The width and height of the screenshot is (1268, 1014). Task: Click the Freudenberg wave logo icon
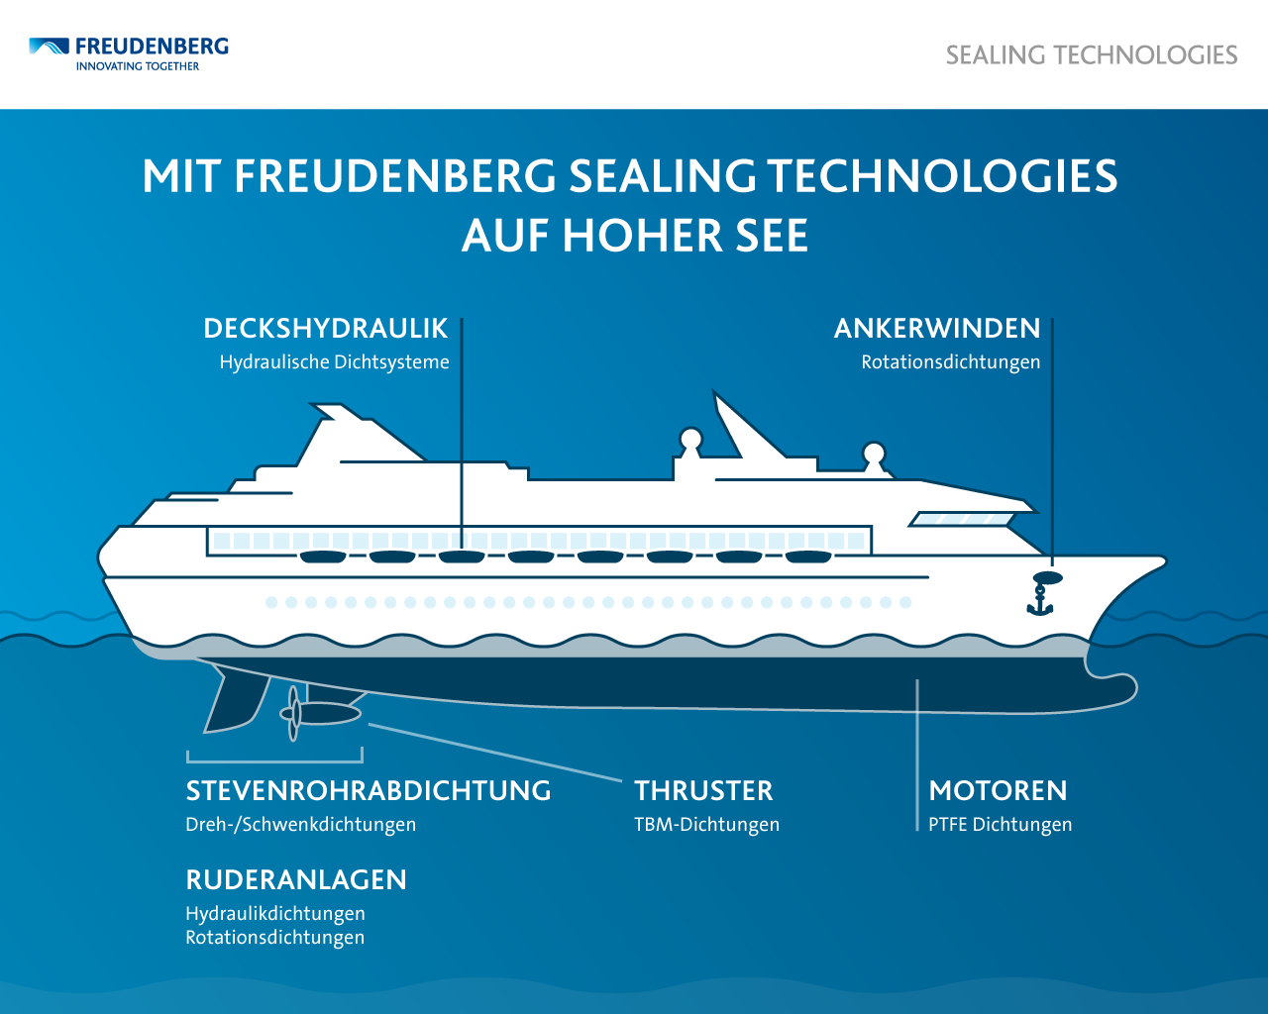(49, 46)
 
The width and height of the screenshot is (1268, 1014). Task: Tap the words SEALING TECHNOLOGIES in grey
(1092, 55)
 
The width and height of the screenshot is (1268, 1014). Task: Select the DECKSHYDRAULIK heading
(325, 328)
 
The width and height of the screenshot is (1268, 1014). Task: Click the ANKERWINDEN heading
(937, 328)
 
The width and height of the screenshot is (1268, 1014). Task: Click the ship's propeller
(293, 714)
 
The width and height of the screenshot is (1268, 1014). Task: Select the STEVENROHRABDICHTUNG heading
(369, 790)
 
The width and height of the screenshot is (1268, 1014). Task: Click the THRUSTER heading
(703, 790)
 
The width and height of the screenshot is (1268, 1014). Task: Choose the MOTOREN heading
(999, 790)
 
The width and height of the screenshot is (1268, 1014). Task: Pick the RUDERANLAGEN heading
(296, 879)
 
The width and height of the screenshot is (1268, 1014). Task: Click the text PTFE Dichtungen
(1000, 824)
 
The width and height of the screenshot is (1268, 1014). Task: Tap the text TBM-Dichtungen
(706, 824)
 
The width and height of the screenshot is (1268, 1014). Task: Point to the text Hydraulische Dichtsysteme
(334, 361)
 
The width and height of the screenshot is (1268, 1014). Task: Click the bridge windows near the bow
(962, 519)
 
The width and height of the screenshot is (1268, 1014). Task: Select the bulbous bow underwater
(1108, 688)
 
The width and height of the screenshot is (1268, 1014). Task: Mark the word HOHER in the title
(642, 236)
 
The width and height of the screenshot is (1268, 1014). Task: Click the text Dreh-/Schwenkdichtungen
(300, 824)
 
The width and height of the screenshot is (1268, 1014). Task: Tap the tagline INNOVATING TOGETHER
(138, 66)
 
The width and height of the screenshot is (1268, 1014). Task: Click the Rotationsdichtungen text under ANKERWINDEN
(950, 361)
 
